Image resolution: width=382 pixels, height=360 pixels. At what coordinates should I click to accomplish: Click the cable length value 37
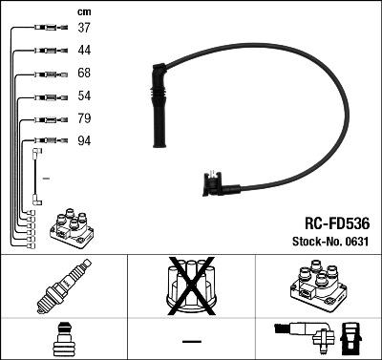[83, 27]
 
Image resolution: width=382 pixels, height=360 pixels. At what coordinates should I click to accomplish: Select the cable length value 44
[83, 49]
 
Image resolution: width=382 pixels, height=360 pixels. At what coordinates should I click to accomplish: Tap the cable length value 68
[83, 73]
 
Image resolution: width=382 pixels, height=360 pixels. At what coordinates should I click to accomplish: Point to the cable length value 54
[83, 96]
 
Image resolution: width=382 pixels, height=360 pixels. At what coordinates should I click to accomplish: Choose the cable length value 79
[83, 119]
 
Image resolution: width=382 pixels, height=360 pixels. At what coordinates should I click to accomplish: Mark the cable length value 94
[83, 142]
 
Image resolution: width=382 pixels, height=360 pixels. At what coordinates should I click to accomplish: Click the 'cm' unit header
[82, 11]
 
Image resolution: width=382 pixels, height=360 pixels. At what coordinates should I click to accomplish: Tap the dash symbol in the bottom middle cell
[191, 341]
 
